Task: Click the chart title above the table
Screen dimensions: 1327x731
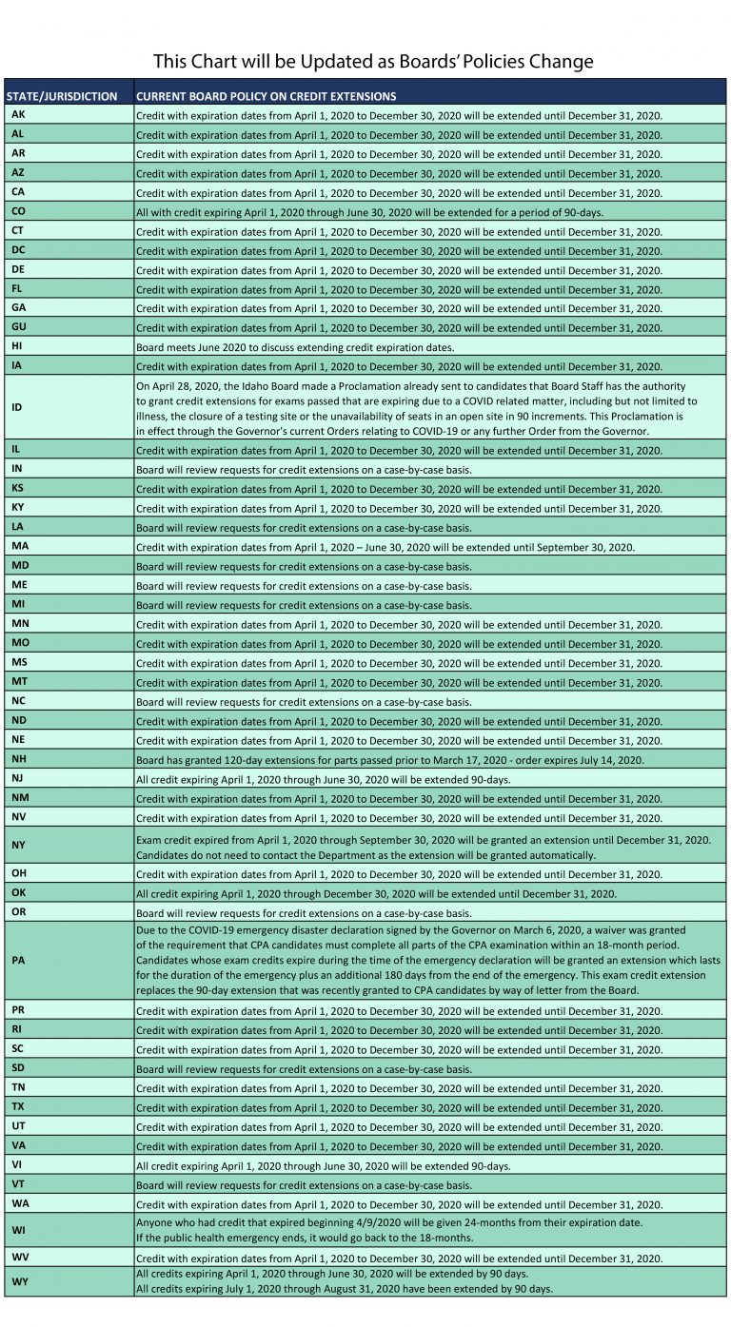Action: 374,62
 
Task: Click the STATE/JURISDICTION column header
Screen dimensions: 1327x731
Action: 63,96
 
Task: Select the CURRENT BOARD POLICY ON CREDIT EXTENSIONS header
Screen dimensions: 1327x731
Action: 267,96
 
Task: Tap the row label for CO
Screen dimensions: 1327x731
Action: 19,211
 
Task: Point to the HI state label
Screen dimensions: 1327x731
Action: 17,346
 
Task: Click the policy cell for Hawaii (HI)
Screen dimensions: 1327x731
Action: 295,347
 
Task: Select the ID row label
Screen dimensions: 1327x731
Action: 18,406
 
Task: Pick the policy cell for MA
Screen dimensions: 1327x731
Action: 385,547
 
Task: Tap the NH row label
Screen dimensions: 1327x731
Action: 19,758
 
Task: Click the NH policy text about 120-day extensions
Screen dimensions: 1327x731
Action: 390,760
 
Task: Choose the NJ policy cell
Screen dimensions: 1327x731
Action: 324,779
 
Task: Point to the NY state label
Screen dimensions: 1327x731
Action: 19,845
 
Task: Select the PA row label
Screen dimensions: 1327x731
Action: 19,960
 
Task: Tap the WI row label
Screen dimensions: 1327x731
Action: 19,1229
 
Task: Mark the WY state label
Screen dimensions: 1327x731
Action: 19,1280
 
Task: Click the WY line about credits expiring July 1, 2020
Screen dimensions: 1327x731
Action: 344,1288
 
